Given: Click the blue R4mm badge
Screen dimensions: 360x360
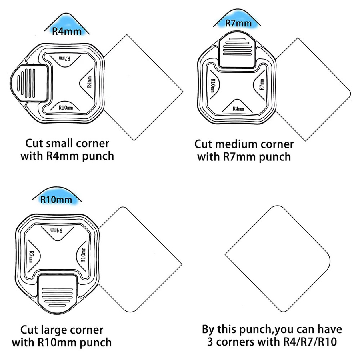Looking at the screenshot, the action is [67, 25].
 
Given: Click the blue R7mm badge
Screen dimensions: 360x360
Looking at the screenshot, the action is [237, 19].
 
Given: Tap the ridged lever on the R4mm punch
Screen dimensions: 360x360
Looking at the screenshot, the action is [29, 83].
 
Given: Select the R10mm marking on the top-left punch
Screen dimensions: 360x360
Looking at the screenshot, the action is [66, 108].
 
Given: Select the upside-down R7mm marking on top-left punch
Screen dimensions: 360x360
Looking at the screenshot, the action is [64, 58].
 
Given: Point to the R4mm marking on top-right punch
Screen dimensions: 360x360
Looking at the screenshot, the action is [238, 108].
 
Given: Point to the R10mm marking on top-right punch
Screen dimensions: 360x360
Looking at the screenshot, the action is [213, 86].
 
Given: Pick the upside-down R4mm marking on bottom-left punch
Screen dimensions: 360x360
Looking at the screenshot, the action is [56, 230].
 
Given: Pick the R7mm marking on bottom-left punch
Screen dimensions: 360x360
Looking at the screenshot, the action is [31, 256].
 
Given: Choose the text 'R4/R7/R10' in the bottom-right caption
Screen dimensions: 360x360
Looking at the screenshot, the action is [310, 342].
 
